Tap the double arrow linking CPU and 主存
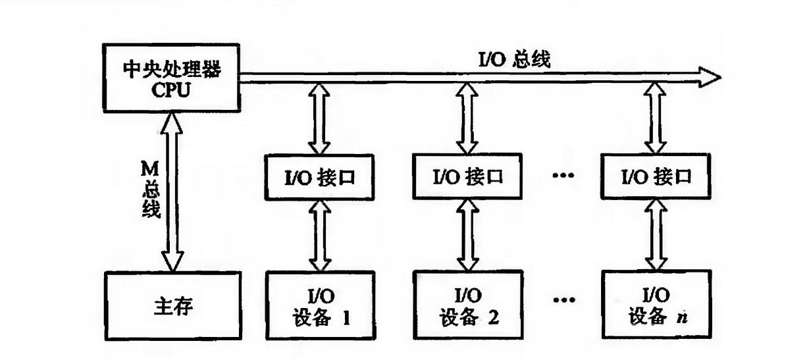click(172, 191)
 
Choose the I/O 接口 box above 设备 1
click(321, 176)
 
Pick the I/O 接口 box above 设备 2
click(469, 176)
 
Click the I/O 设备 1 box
click(321, 307)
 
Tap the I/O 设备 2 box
click(469, 307)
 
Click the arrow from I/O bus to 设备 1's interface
click(321, 119)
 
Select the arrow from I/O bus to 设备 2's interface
click(469, 119)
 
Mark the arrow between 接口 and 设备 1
click(321, 234)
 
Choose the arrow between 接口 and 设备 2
click(469, 234)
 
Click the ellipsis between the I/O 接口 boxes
click(564, 176)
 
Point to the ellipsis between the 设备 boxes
click(564, 302)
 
